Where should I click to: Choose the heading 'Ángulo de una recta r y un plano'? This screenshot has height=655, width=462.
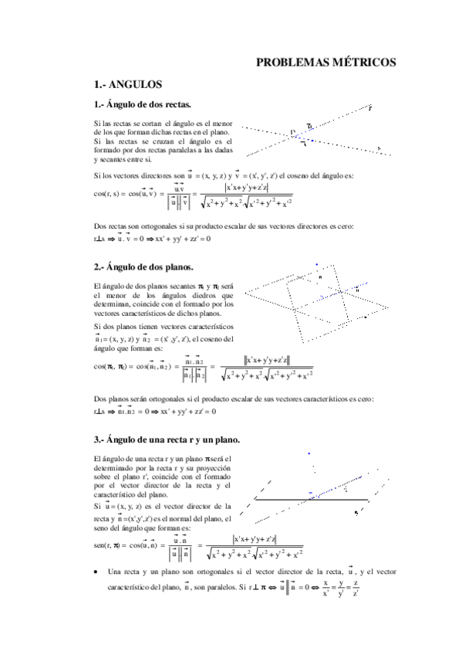166,439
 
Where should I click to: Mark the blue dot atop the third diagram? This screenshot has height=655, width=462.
309,452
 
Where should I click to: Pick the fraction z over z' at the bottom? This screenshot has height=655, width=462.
356,589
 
